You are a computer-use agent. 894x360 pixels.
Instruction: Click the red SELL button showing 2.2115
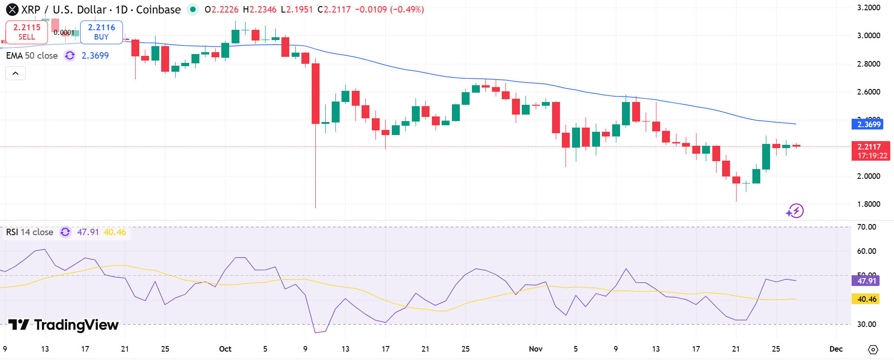coord(27,32)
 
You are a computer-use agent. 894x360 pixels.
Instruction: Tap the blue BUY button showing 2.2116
coord(101,32)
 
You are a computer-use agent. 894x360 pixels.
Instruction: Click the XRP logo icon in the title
coord(12,9)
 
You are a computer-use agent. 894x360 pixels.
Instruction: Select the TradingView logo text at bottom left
coord(63,325)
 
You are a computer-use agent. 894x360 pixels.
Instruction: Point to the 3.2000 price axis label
coord(868,7)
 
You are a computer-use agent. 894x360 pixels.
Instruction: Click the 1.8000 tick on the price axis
coord(868,204)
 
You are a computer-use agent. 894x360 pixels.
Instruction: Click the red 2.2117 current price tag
coord(870,151)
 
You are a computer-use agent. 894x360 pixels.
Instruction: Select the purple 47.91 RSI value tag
coord(866,281)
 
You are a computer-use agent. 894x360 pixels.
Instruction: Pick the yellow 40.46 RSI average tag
coord(866,299)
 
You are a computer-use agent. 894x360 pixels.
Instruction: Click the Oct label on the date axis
coord(225,349)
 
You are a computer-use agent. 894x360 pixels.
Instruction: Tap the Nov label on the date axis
coord(536,349)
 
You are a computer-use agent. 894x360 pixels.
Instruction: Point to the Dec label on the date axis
coord(836,349)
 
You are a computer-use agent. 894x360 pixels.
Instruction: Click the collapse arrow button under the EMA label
coord(15,73)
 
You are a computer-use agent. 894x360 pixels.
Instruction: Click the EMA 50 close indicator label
coord(32,55)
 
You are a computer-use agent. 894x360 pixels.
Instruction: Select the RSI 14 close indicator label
coord(29,232)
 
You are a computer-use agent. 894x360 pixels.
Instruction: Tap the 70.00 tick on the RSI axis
coord(867,227)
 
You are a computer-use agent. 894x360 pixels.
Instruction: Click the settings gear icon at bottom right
coord(873,349)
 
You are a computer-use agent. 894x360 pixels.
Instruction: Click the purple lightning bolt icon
coord(795,211)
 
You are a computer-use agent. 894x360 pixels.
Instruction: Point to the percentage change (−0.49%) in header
coord(407,9)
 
